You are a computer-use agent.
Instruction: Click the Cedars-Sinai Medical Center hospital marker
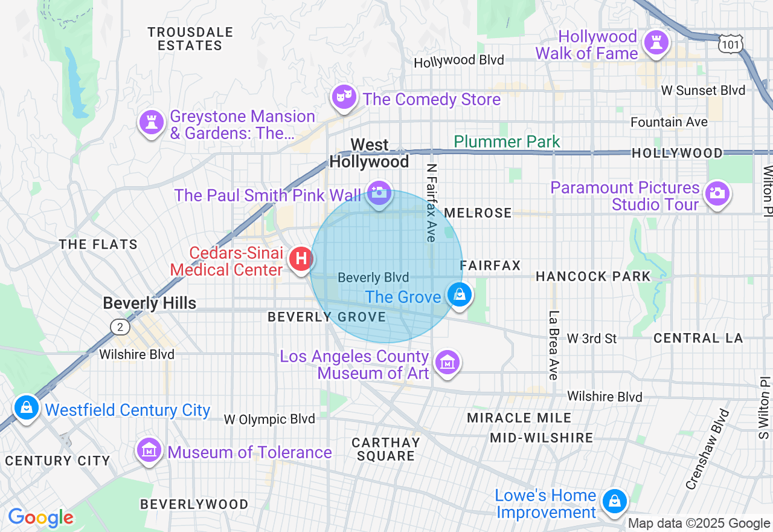tap(301, 259)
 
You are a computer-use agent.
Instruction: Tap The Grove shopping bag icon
tap(460, 294)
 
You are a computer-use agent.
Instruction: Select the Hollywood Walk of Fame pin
tap(654, 42)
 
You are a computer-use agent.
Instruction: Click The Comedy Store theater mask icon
tap(344, 96)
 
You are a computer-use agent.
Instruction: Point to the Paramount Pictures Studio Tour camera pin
tap(717, 193)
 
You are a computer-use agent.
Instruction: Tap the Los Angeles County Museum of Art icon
tap(447, 362)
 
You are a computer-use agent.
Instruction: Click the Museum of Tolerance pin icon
tap(149, 450)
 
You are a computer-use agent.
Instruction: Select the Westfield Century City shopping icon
tap(27, 407)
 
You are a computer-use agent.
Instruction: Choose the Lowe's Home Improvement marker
tap(614, 501)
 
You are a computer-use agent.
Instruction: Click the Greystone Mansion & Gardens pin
tap(151, 122)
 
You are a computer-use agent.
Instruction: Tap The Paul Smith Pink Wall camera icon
tap(379, 192)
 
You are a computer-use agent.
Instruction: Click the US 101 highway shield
tap(730, 43)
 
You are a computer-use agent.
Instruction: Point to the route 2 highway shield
tap(120, 327)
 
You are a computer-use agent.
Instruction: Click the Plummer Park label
tap(507, 142)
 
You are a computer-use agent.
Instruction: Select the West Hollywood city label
tap(369, 154)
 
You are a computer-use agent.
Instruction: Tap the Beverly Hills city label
tap(149, 303)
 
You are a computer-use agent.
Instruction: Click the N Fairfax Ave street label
tap(431, 203)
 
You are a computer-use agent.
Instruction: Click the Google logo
tap(40, 517)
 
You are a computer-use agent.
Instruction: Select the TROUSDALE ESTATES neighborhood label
tap(190, 39)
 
